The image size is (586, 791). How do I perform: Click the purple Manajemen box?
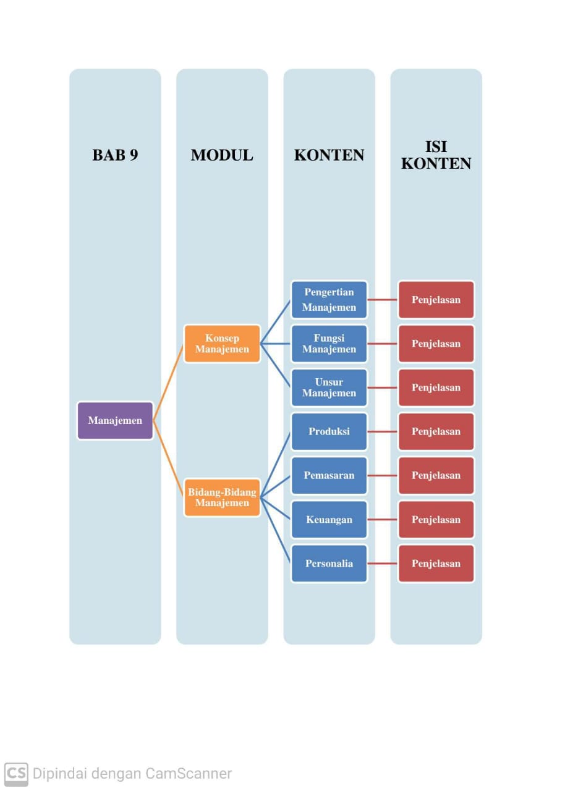115,421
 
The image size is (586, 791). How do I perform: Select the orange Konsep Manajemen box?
222,344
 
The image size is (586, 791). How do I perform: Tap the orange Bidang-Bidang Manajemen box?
222,497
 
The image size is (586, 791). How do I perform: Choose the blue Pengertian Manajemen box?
329,300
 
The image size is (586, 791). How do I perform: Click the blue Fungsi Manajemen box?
329,344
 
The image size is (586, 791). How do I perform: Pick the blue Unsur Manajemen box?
329,387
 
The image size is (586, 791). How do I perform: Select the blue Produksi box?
329,431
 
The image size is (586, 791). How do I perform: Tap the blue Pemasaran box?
329,475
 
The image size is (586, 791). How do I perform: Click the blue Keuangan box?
329,519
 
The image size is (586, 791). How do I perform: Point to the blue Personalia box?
329,563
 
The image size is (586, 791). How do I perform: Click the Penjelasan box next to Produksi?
436,431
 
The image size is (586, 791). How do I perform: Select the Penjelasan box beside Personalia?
436,563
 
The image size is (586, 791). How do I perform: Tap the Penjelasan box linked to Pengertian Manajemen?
436,300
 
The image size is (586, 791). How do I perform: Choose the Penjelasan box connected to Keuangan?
436,519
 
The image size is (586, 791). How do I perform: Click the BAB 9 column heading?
115,155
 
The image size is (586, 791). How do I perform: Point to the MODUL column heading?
222,155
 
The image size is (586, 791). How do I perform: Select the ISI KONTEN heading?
436,155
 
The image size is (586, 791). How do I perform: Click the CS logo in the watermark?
16,773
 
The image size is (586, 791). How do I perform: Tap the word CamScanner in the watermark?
189,773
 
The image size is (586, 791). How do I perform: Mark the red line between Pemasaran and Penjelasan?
383,475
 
